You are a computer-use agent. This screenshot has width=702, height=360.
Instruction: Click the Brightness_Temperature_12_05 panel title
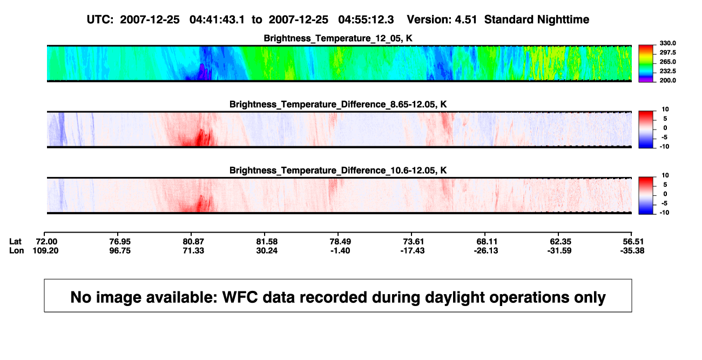click(x=338, y=38)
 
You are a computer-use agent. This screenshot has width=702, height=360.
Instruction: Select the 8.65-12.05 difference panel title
click(x=338, y=104)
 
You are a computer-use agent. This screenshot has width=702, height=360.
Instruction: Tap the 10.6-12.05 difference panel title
click(x=338, y=171)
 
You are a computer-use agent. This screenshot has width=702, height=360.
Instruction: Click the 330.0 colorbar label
click(x=667, y=43)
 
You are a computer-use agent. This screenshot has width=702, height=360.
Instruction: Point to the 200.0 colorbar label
click(x=667, y=80)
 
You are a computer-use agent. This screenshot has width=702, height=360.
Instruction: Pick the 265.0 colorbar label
click(x=667, y=62)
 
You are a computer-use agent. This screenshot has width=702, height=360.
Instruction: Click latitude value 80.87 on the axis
click(x=193, y=242)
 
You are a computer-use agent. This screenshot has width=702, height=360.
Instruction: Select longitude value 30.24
click(x=267, y=251)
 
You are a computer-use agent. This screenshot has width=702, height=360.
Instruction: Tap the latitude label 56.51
click(x=633, y=242)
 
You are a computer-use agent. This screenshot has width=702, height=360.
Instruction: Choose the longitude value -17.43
click(x=413, y=251)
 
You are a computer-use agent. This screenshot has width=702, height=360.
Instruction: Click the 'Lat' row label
click(x=15, y=242)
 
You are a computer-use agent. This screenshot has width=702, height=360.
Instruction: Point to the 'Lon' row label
click(x=17, y=251)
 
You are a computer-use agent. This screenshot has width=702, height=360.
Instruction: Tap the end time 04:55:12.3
click(x=366, y=20)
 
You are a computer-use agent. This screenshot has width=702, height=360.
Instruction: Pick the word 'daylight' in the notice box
click(x=454, y=297)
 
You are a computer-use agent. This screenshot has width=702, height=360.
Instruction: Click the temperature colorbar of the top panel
click(x=646, y=64)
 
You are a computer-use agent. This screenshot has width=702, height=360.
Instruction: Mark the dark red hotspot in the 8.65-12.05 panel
click(x=203, y=138)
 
